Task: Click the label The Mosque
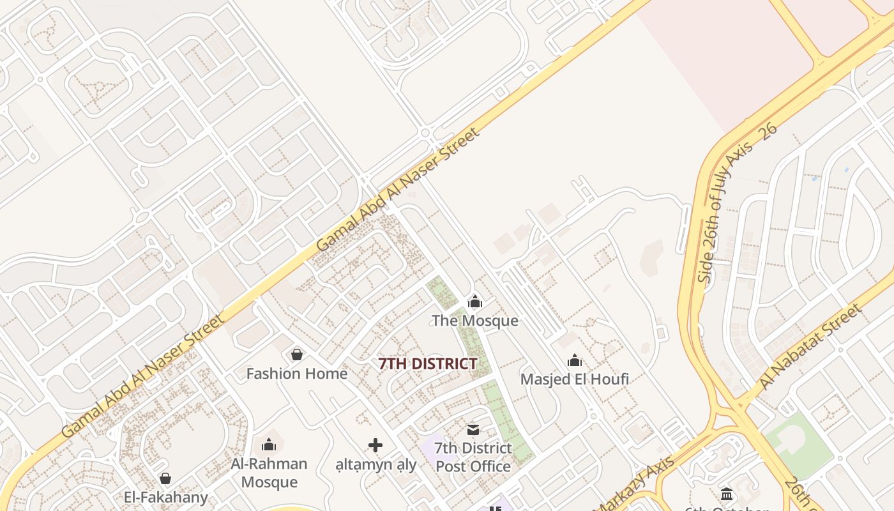point(474,320)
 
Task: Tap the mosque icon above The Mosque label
point(474,301)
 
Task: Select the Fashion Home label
point(297,373)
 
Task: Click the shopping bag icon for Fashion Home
point(296,354)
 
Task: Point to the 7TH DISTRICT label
point(428,363)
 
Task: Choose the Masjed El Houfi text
point(575,379)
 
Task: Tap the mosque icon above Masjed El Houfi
point(575,360)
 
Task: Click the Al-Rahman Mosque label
point(269,472)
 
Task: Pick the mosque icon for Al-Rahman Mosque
point(269,444)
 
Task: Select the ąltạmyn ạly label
point(376,464)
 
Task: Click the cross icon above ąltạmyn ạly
point(375,445)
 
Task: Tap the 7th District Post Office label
point(473,457)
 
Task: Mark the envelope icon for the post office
point(473,429)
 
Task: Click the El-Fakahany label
point(166,497)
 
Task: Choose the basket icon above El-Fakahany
point(165,478)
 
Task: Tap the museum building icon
point(726,494)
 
